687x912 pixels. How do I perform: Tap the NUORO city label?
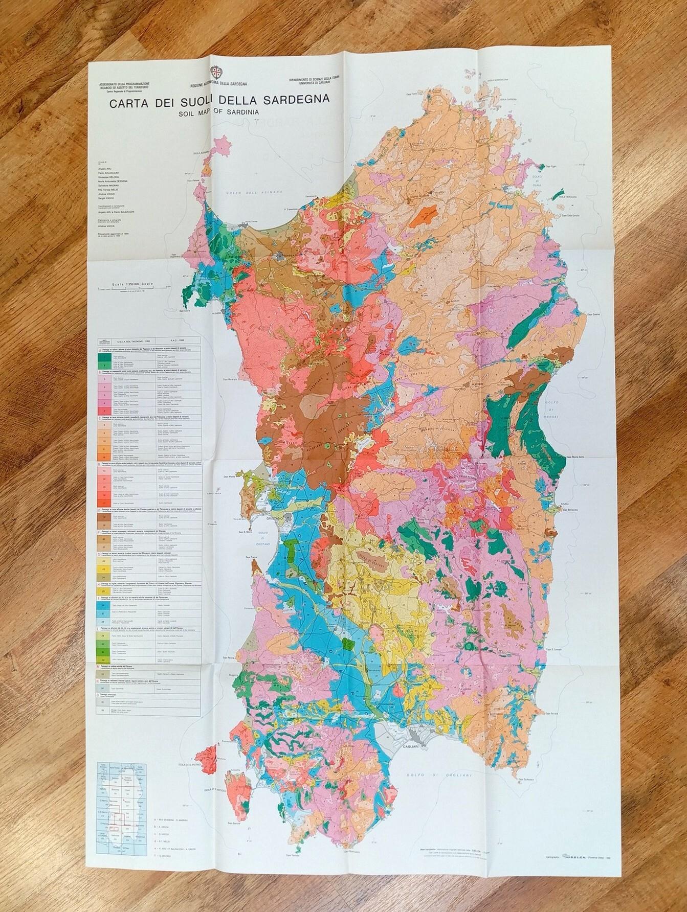[x=463, y=388]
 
